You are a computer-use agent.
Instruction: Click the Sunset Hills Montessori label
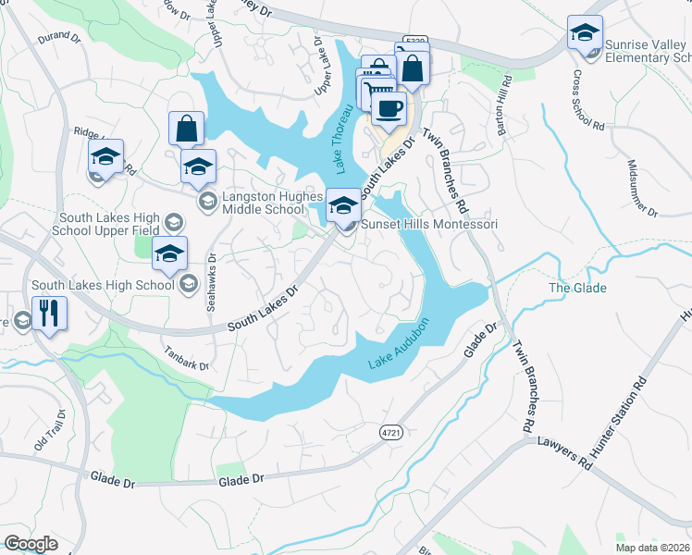[429, 225]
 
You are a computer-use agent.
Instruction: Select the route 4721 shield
[391, 432]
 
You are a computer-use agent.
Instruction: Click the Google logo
[31, 543]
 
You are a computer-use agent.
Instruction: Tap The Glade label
[577, 288]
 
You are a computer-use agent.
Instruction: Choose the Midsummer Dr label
[641, 188]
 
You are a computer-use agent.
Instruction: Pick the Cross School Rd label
[587, 98]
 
